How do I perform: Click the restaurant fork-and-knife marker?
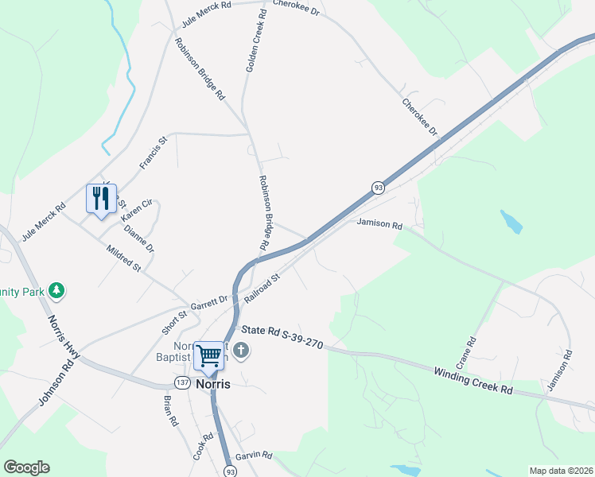point(101,198)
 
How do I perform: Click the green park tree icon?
point(56,290)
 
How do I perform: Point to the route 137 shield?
point(183,383)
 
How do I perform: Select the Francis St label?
point(154,153)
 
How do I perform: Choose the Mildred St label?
point(123,257)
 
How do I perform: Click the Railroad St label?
point(263,289)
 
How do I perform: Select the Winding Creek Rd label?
point(472,380)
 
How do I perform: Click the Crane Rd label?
point(466,350)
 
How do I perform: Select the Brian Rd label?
point(170,411)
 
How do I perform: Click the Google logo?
point(27,467)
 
